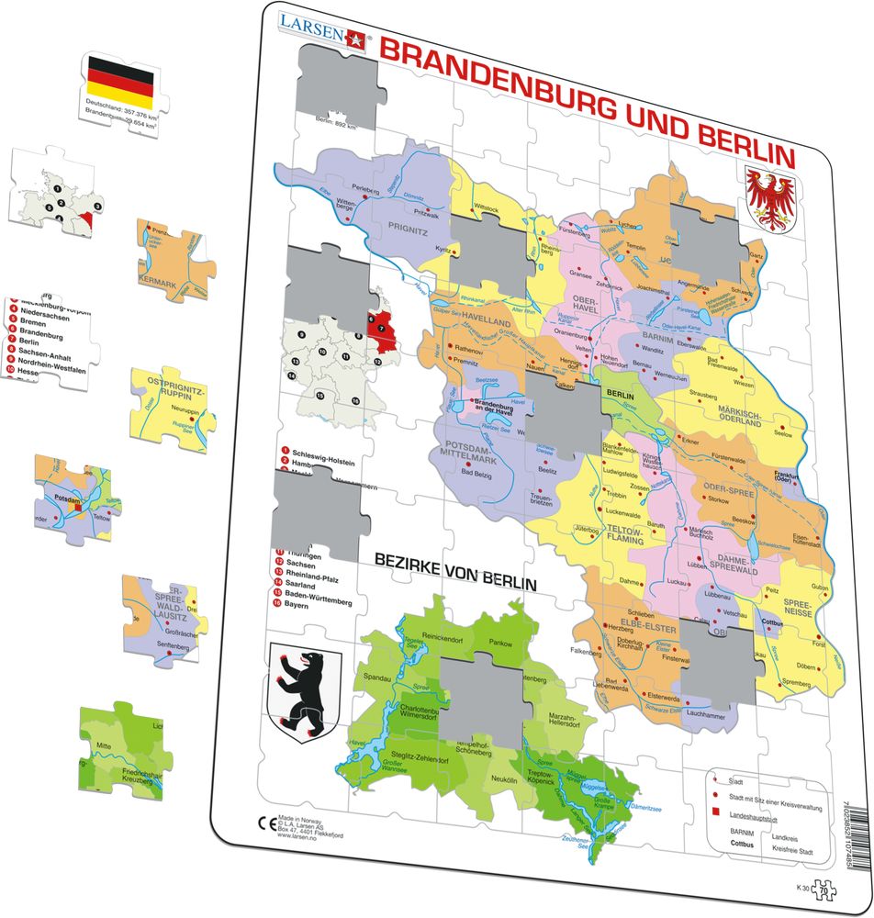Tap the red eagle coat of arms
(769, 197)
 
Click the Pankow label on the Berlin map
(500, 644)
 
